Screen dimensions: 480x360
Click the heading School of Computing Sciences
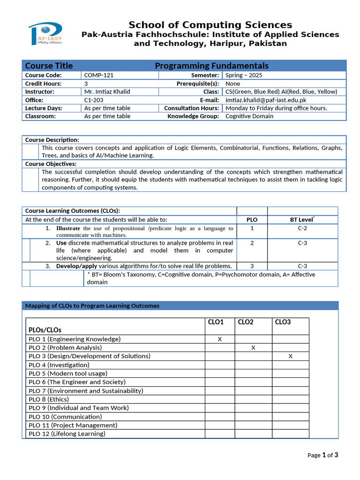click(210, 25)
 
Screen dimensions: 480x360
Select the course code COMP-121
click(99, 75)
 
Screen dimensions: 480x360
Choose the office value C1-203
click(94, 100)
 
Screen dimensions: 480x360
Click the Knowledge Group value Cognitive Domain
click(249, 116)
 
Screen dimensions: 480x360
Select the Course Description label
click(52, 140)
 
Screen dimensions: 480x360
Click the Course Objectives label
click(51, 164)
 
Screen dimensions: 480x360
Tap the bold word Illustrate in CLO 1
click(68, 228)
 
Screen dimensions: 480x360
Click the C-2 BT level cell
click(302, 228)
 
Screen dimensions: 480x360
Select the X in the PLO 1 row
click(219, 339)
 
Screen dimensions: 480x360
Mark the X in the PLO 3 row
click(291, 356)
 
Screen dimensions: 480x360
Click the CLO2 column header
click(246, 322)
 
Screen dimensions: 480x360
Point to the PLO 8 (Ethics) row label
click(49, 399)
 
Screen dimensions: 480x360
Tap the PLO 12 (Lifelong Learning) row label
click(67, 434)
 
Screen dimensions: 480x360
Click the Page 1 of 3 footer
click(322, 455)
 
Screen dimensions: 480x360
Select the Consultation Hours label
click(191, 108)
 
